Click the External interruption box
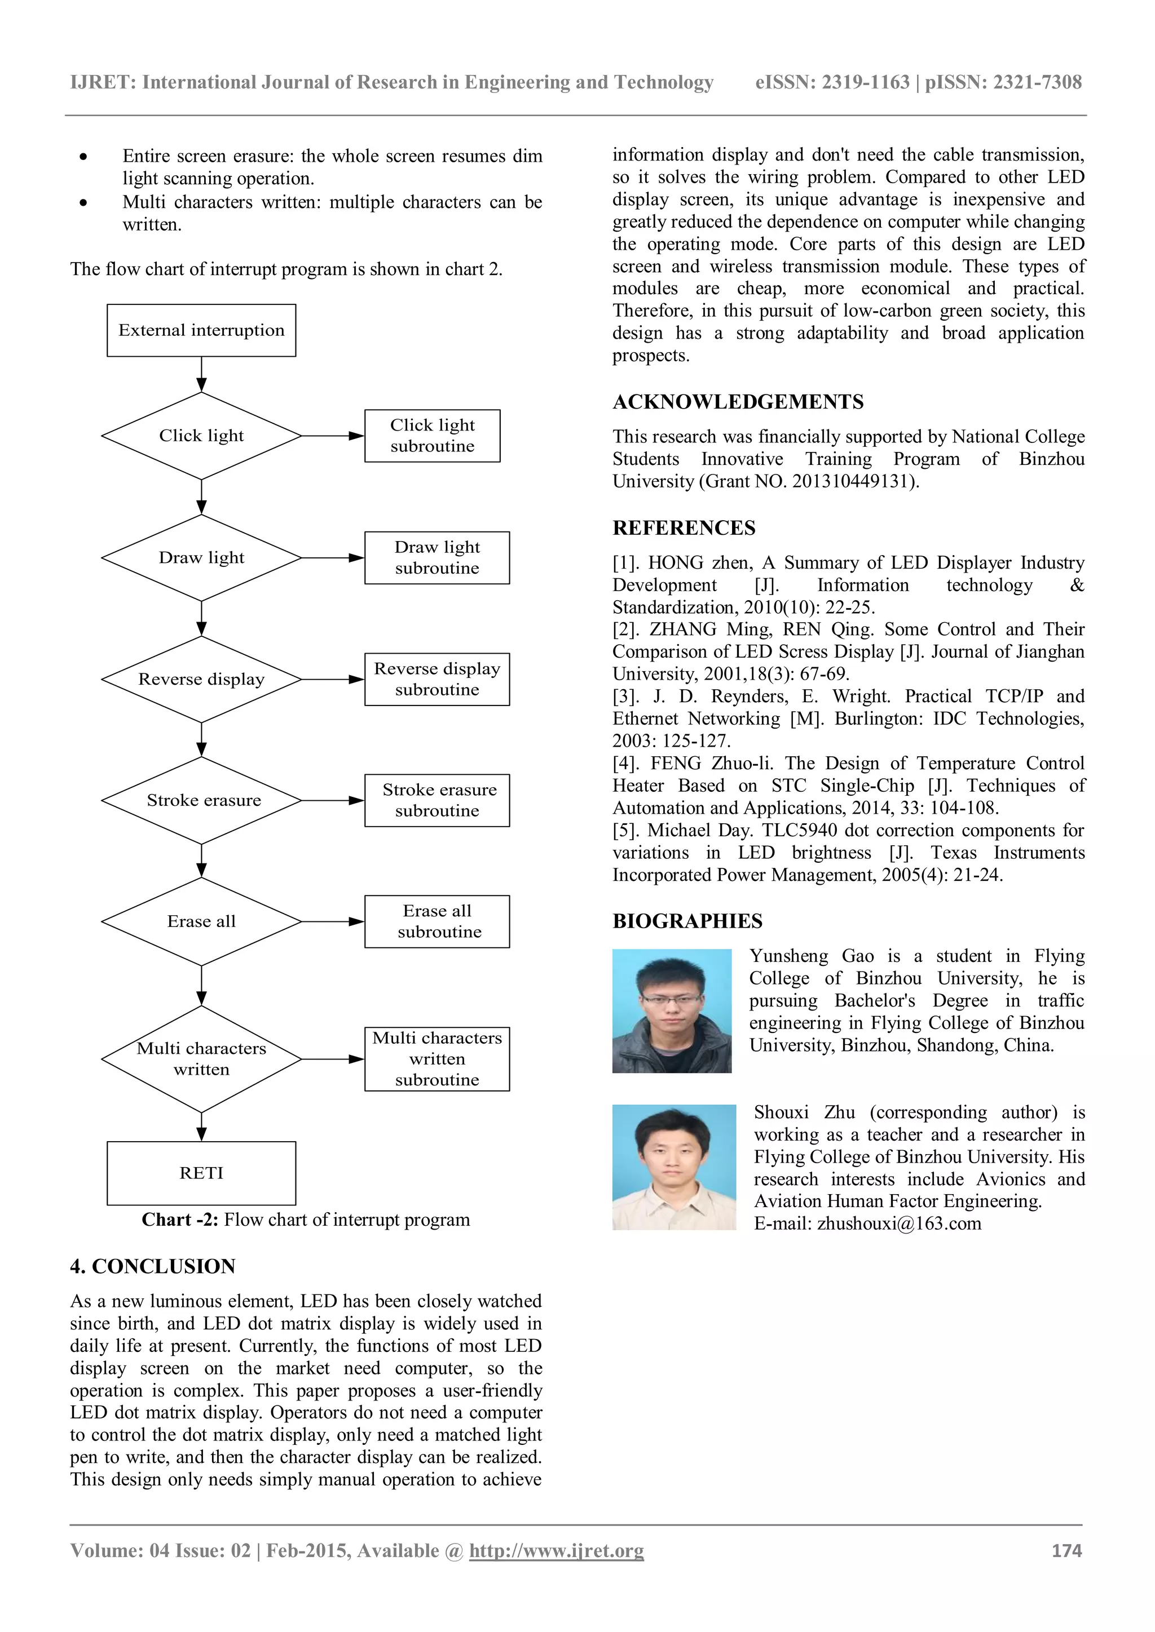pos(201,331)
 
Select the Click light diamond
pos(201,436)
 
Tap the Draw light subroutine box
pos(437,558)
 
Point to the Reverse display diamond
pos(201,680)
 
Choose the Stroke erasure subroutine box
pos(437,800)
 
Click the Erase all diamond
pos(201,922)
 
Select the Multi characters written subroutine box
pos(437,1059)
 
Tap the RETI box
pos(201,1173)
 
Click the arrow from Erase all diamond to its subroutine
pos(332,922)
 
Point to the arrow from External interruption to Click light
pos(201,375)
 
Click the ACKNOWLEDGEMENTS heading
pos(738,402)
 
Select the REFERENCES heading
pos(684,528)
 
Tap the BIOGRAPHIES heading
pos(687,921)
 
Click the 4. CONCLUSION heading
pos(152,1267)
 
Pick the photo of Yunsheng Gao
pos(671,1011)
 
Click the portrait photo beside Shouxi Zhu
pos(673,1167)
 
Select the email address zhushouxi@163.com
pos(898,1224)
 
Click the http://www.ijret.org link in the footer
pos(556,1551)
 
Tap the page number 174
pos(1066,1551)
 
